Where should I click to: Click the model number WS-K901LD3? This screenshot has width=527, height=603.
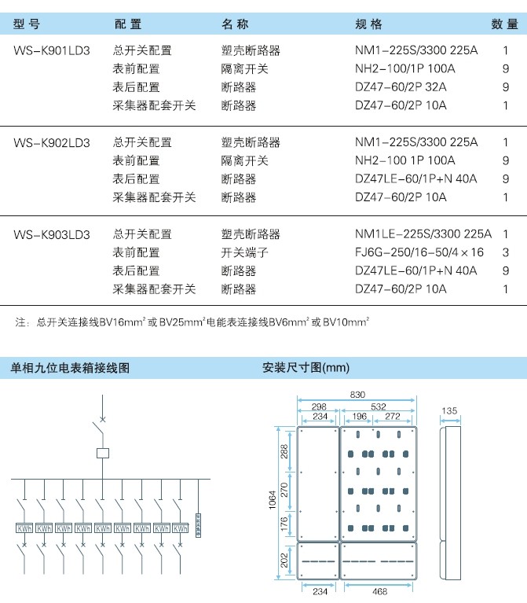pyautogui.click(x=52, y=50)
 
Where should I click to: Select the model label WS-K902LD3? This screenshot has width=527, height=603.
pyautogui.click(x=52, y=142)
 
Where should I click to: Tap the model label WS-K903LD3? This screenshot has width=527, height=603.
pyautogui.click(x=52, y=234)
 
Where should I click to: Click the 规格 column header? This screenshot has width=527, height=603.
pyautogui.click(x=368, y=24)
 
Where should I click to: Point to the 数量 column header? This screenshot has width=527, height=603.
pyautogui.click(x=504, y=24)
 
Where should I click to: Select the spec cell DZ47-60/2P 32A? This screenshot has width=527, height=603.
pyautogui.click(x=401, y=87)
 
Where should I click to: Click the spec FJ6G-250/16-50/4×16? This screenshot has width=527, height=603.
pyautogui.click(x=419, y=252)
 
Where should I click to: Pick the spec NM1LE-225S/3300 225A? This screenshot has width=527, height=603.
pyautogui.click(x=423, y=233)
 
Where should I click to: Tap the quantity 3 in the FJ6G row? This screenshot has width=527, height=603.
pyautogui.click(x=506, y=252)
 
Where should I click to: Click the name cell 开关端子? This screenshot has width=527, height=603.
pyautogui.click(x=244, y=252)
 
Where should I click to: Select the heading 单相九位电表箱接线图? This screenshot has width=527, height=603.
pyautogui.click(x=70, y=368)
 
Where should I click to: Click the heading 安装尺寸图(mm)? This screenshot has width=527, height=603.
pyautogui.click(x=306, y=368)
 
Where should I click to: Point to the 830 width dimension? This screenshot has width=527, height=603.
pyautogui.click(x=357, y=395)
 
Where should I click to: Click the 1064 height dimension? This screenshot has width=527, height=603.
pyautogui.click(x=273, y=500)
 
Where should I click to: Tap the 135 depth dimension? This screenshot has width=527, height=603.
pyautogui.click(x=449, y=410)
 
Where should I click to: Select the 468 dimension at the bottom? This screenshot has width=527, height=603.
pyautogui.click(x=379, y=591)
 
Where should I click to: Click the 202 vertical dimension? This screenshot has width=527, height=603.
pyautogui.click(x=284, y=561)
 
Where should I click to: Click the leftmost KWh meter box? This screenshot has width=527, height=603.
pyautogui.click(x=24, y=528)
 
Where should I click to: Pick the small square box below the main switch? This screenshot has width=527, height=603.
pyautogui.click(x=103, y=453)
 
